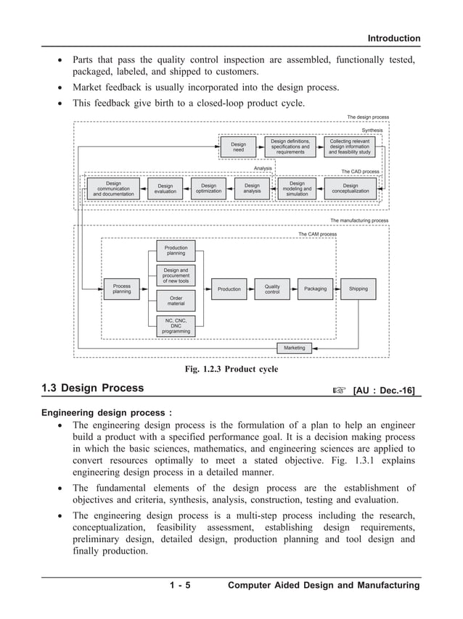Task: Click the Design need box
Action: (x=239, y=147)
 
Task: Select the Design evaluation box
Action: (x=165, y=189)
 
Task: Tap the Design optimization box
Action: (x=208, y=189)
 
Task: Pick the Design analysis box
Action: (x=252, y=189)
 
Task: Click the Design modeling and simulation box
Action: (x=297, y=189)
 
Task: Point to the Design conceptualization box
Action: (x=351, y=189)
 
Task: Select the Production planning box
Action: (x=176, y=251)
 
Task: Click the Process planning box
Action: (x=122, y=288)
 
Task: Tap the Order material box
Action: (x=176, y=300)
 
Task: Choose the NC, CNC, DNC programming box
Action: (x=176, y=326)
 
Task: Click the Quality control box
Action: (x=272, y=288)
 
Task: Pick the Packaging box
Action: (x=315, y=288)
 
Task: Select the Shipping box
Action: (x=358, y=288)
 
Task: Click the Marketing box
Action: (x=295, y=348)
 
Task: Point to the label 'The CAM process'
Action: (x=317, y=234)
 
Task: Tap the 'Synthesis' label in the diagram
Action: (x=372, y=130)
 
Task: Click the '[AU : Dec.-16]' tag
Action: (x=383, y=391)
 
